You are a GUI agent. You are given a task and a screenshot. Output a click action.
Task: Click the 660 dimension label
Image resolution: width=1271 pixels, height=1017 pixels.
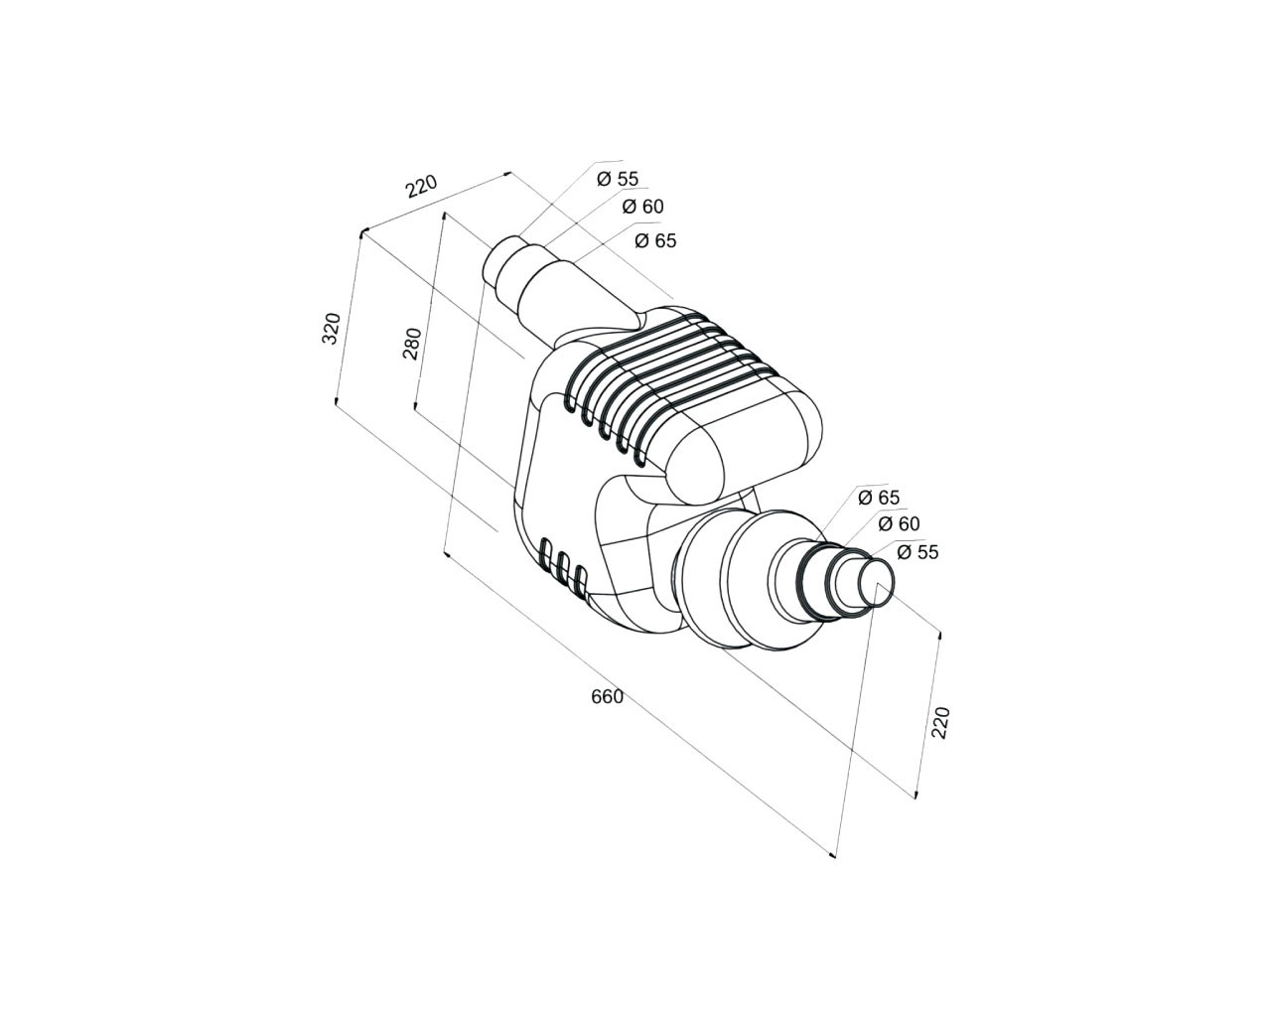607,697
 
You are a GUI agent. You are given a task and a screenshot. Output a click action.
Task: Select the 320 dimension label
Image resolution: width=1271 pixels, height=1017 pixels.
332,329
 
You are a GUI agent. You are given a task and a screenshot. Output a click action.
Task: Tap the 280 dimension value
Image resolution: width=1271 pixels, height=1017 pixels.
412,344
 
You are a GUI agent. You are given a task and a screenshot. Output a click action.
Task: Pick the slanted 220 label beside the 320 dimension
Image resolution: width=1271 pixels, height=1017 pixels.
422,186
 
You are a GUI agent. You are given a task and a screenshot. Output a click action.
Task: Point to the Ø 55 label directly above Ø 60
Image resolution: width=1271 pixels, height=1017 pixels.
618,179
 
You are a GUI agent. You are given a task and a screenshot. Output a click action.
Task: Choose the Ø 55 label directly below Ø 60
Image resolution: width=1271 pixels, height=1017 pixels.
918,552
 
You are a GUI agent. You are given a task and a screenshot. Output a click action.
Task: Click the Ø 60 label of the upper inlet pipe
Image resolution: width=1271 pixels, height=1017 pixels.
643,207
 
